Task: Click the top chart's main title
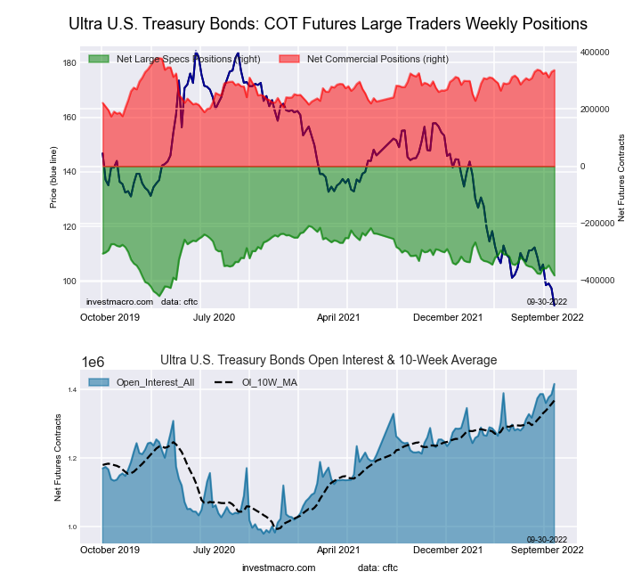[x=328, y=23]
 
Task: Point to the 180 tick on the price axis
[x=69, y=63]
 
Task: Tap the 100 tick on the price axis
[x=69, y=282]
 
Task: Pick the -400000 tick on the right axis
[x=593, y=280]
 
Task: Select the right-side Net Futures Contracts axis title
[x=621, y=178]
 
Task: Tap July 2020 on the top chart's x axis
[x=214, y=317]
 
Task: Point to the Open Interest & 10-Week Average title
[x=329, y=360]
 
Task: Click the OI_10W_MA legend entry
[x=262, y=383]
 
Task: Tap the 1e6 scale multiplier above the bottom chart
[x=94, y=362]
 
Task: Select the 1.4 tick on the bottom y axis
[x=70, y=390]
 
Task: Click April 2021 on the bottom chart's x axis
[x=338, y=551]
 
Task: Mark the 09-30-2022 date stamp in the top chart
[x=547, y=302]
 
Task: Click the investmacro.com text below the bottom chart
[x=279, y=568]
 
